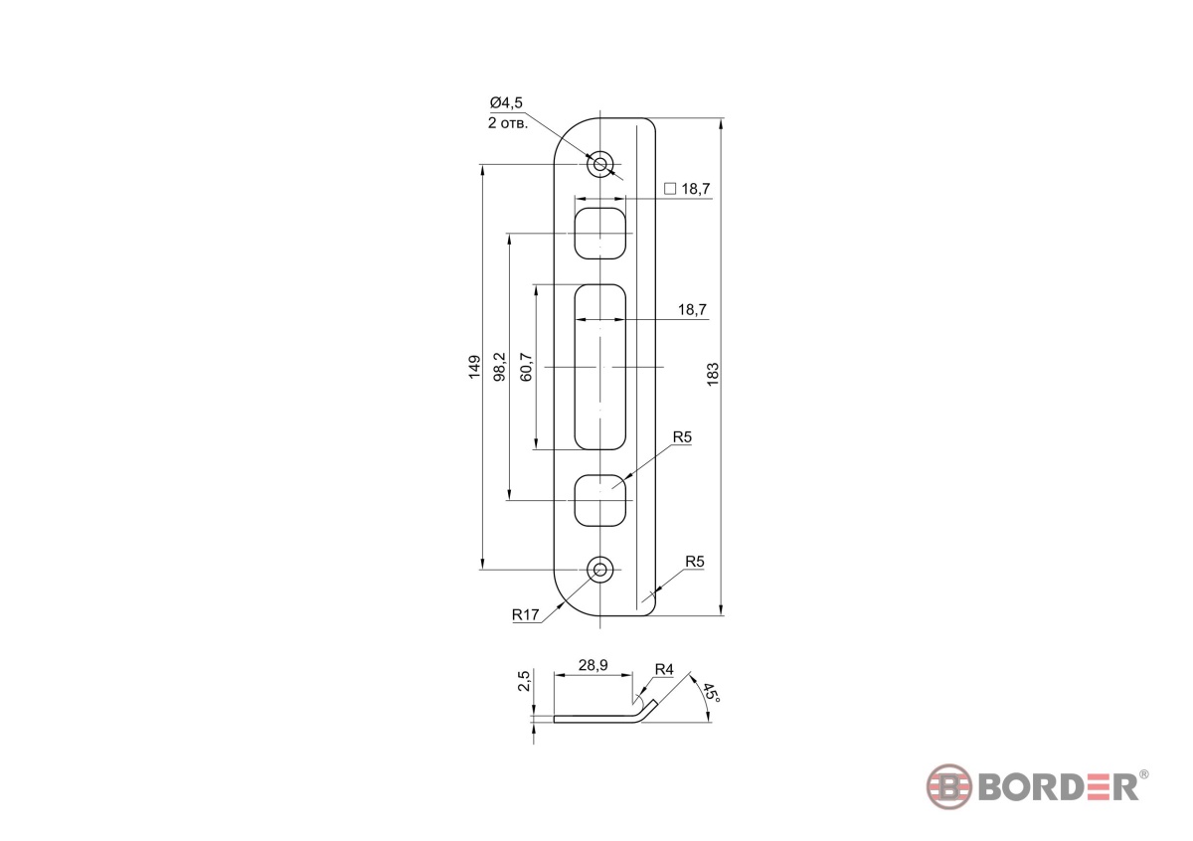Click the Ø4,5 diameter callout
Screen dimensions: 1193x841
pyautogui.click(x=506, y=102)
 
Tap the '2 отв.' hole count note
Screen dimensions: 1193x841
pyautogui.click(x=508, y=123)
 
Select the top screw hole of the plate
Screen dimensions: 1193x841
pyautogui.click(x=599, y=164)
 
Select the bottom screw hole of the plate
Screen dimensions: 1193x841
pyautogui.click(x=599, y=570)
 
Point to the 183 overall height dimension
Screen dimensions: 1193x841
pyautogui.click(x=713, y=375)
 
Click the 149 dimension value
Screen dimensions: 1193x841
pyautogui.click(x=474, y=367)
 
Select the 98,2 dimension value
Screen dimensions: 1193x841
pyautogui.click(x=499, y=367)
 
